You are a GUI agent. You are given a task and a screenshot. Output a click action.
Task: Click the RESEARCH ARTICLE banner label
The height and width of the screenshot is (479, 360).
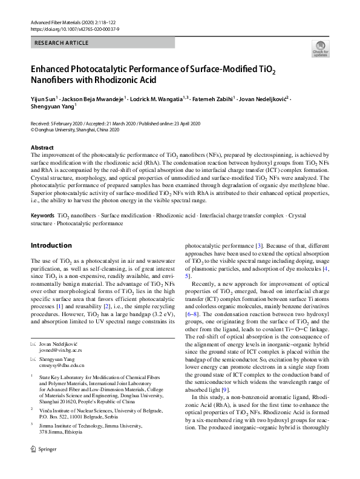(62, 43)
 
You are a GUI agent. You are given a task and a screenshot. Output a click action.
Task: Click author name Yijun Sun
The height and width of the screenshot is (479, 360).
(43, 98)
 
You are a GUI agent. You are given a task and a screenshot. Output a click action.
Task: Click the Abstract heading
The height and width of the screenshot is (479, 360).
(42, 148)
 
